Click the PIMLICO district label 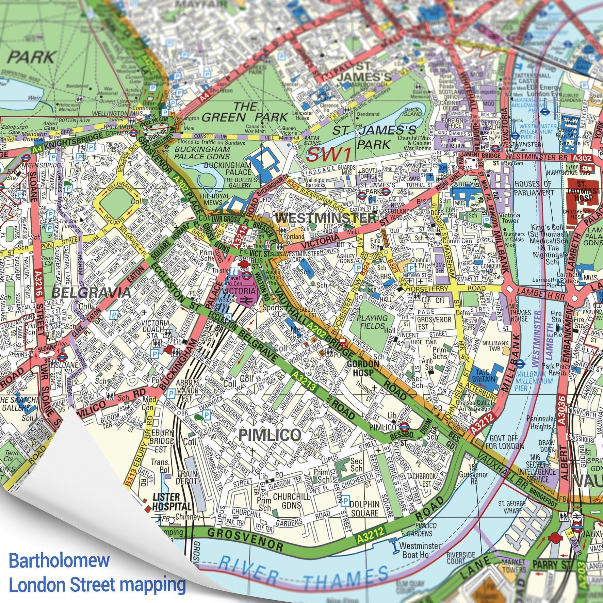(270, 435)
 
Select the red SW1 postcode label (328, 154)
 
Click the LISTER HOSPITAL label (172, 502)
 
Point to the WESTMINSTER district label (326, 218)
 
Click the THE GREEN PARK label (245, 112)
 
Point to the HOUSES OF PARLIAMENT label (534, 188)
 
